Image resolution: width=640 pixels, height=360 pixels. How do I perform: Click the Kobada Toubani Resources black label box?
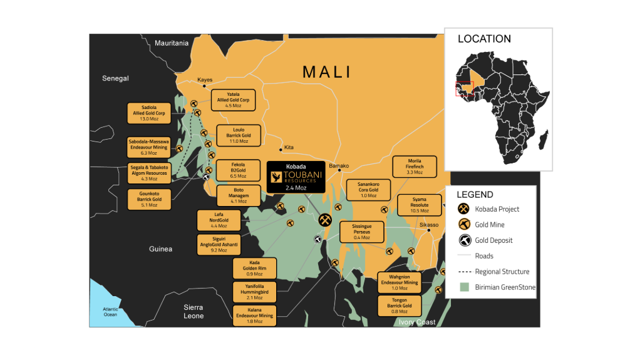[296, 177]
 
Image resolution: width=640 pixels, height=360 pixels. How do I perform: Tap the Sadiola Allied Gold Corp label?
[149, 113]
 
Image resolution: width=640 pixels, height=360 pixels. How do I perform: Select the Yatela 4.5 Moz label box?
[233, 100]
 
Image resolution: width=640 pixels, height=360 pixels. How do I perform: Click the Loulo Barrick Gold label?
[238, 135]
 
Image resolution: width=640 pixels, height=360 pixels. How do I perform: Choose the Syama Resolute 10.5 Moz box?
[419, 205]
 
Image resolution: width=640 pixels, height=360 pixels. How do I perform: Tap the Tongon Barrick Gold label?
[399, 306]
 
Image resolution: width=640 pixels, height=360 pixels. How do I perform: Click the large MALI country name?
[327, 72]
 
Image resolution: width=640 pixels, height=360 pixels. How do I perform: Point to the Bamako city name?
[339, 166]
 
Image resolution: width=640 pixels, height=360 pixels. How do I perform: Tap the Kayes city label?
[205, 80]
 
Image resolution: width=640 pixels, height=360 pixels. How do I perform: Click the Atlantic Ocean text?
[110, 312]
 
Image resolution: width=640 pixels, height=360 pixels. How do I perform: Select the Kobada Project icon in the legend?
[464, 209]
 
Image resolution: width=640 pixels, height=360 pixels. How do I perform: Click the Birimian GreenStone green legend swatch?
[464, 287]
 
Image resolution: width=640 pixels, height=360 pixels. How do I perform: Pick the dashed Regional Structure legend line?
[464, 272]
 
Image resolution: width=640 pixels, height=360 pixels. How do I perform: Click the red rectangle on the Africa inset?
[464, 89]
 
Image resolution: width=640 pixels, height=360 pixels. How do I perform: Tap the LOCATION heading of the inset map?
[484, 39]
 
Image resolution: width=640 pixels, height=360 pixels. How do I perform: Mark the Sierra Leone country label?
[194, 312]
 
